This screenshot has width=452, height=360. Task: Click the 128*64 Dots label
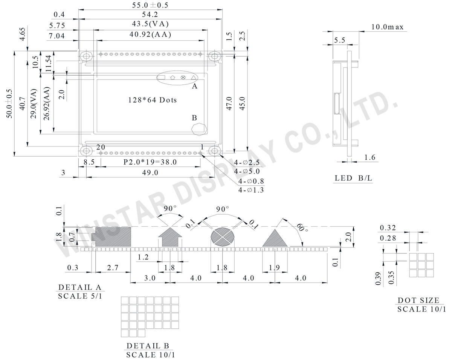pyautogui.click(x=152, y=100)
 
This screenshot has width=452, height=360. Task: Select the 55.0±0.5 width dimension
pyautogui.click(x=150, y=5)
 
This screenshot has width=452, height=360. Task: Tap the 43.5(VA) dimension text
pyautogui.click(x=150, y=24)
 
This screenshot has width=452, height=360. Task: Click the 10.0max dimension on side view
pyautogui.click(x=387, y=27)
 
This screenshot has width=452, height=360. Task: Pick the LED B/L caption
pyautogui.click(x=353, y=178)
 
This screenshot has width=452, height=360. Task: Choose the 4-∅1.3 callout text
pyautogui.click(x=251, y=190)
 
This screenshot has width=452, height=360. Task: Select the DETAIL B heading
pyautogui.click(x=148, y=346)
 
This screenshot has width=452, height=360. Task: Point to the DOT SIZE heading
pyautogui.click(x=418, y=301)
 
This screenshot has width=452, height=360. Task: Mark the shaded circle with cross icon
pyautogui.click(x=222, y=237)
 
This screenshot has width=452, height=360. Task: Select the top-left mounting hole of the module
pyautogui.click(x=87, y=56)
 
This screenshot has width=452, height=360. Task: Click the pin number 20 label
pyautogui.click(x=100, y=147)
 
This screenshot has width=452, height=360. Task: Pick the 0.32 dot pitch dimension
pyautogui.click(x=388, y=227)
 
